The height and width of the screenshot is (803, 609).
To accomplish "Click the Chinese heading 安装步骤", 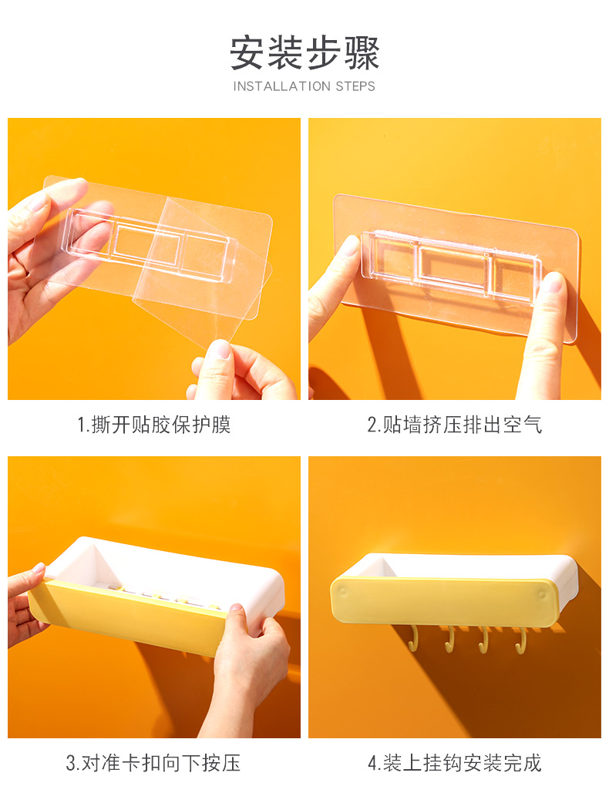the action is [304, 53].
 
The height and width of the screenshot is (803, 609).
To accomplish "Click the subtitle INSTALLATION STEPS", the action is [304, 86].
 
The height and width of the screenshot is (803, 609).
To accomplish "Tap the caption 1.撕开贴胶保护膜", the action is [154, 425].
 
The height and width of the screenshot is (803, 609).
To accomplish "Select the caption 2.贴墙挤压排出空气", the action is [454, 425].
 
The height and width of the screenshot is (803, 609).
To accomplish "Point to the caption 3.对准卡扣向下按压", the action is [153, 763].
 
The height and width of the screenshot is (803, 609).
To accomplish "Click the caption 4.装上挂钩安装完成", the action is [454, 763].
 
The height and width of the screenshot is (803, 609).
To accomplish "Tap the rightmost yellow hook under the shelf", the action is [521, 641].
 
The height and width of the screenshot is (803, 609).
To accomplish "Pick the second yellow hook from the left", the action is [449, 640].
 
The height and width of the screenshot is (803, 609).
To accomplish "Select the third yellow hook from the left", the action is [483, 640].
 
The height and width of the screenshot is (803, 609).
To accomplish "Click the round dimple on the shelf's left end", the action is [342, 592].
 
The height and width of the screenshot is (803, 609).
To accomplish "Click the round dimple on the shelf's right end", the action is [542, 594].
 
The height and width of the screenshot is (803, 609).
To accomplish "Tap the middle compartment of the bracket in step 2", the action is [453, 267].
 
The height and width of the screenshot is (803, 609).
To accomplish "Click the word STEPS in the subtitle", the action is [355, 86].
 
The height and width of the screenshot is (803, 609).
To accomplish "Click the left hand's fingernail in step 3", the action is [39, 568].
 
